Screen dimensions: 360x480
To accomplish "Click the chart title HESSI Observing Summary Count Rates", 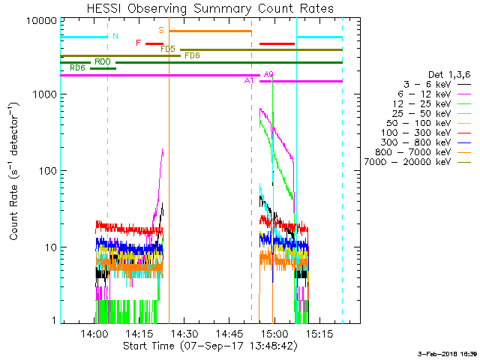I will point(210,9).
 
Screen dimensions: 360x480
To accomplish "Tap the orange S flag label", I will point(161,31).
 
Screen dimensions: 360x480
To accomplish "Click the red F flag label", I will point(138,43).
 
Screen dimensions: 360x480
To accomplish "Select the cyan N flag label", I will point(115,36).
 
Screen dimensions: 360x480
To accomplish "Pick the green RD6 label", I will point(76,68).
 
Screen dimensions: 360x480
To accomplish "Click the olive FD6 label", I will point(192,55).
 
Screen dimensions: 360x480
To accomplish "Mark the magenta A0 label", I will point(269,74).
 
